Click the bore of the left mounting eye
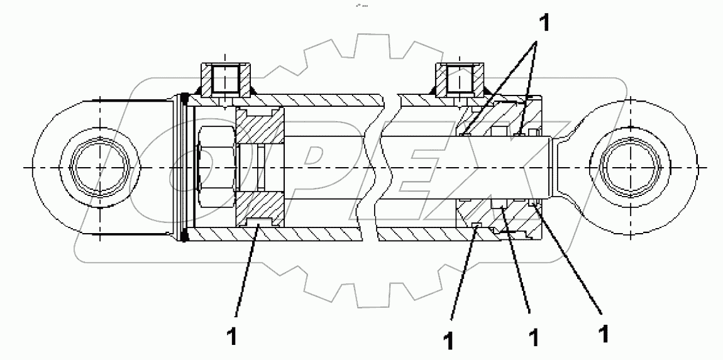tap(99, 168)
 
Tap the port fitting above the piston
tap(225, 78)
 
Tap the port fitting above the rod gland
tap(459, 78)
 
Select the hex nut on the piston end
tap(216, 168)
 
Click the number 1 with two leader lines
tap(544, 24)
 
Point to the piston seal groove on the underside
tap(260, 223)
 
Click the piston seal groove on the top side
tap(260, 112)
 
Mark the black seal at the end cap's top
tap(185, 99)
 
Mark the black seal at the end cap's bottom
tap(185, 236)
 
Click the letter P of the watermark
tap(314, 170)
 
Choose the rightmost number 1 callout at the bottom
tap(603, 333)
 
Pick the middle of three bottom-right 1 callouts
tap(534, 337)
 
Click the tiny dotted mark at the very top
tap(361, 6)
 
